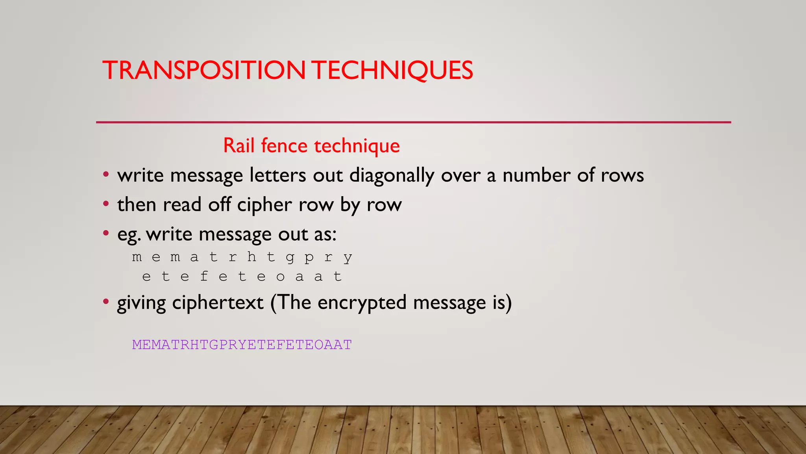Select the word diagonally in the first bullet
point(392,175)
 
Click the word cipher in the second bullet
point(264,205)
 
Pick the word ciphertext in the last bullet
point(218,303)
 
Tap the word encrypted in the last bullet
point(362,303)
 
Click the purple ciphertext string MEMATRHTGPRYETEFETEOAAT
point(242,345)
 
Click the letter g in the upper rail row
point(290,257)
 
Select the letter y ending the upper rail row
point(348,257)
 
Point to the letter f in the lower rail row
point(204,276)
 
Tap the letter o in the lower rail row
point(280,277)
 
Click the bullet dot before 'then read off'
point(105,204)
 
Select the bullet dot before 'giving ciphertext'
point(105,302)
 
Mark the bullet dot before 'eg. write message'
point(105,233)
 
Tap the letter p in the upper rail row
point(309,257)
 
